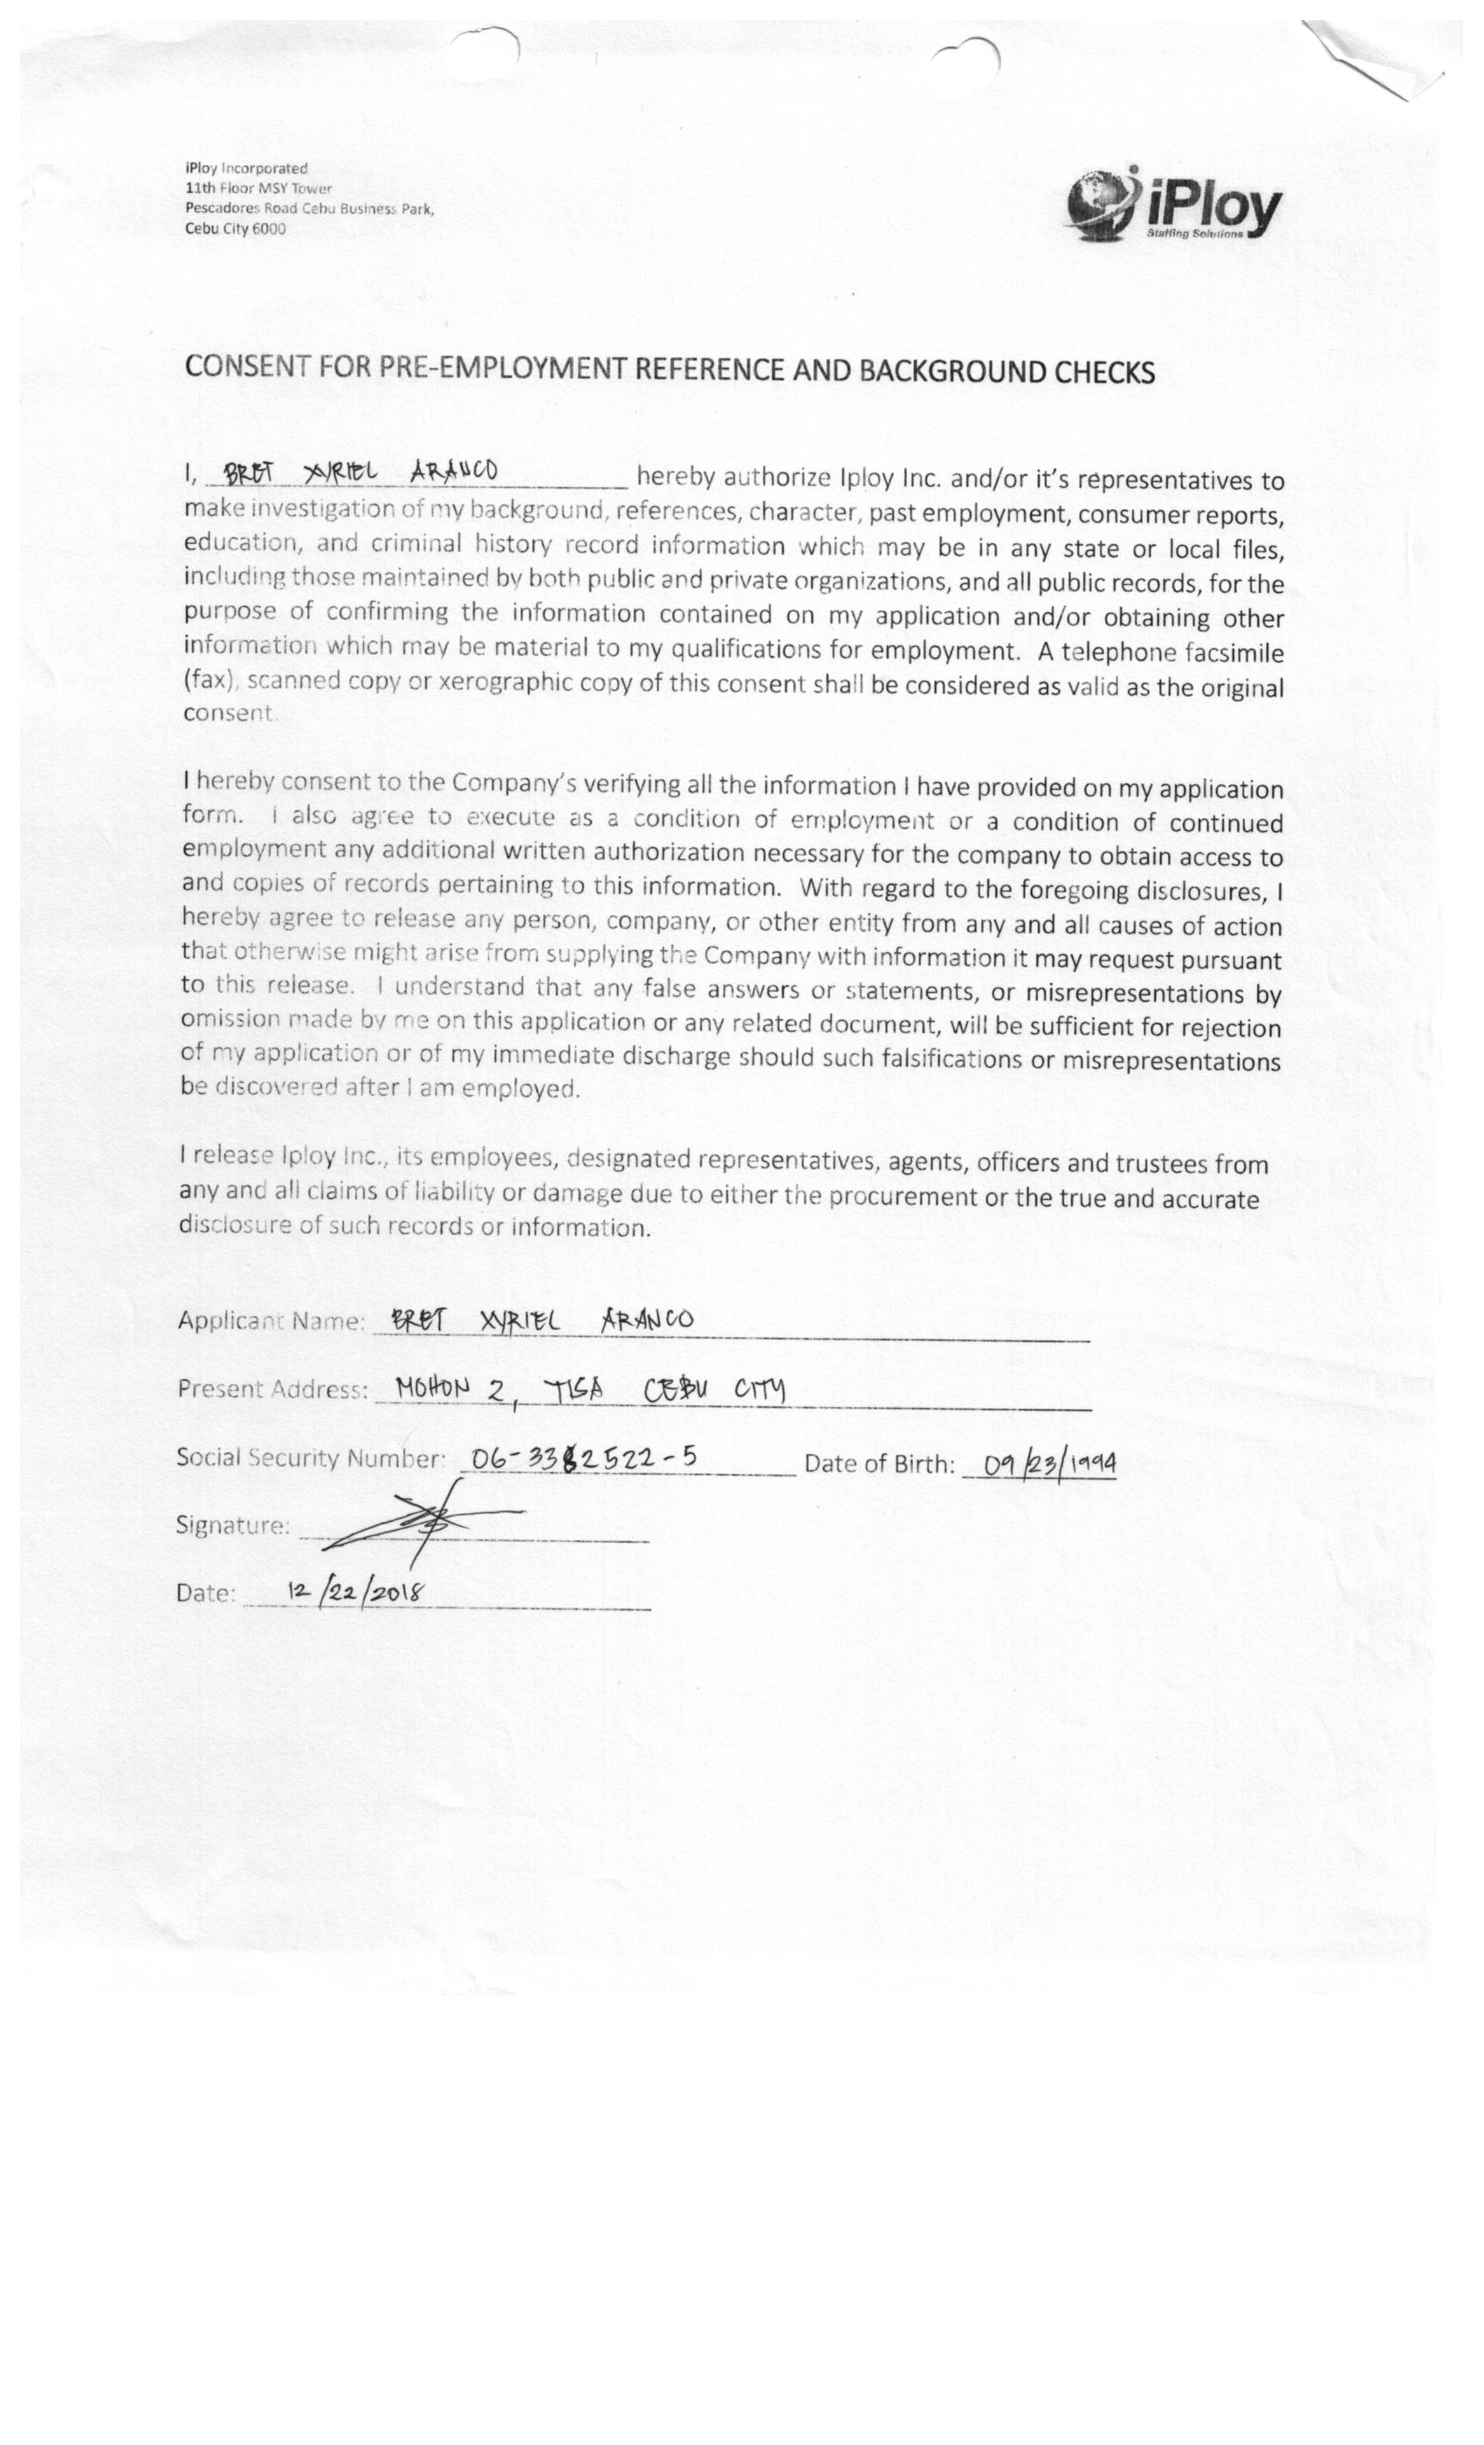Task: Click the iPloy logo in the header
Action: tap(1173, 206)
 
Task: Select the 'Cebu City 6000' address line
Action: tap(235, 228)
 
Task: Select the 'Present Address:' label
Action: tap(272, 1389)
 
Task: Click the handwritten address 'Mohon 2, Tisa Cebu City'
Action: tap(589, 1389)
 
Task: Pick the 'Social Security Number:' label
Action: tap(311, 1457)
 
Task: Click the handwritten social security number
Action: tap(583, 1457)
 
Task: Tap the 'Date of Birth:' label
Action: tap(879, 1464)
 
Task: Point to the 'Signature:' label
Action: tap(232, 1526)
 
